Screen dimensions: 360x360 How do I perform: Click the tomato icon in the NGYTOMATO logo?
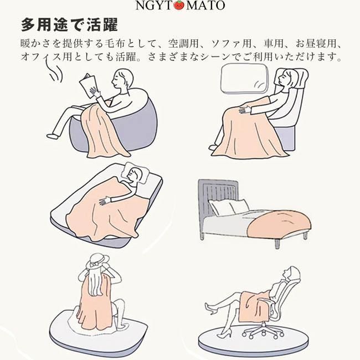click(x=179, y=5)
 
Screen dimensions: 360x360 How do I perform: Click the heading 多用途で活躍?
click(x=69, y=25)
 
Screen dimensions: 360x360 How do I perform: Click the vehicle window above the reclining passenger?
click(x=244, y=79)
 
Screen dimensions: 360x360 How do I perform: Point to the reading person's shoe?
click(x=53, y=136)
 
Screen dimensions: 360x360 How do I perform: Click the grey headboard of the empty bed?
click(x=218, y=198)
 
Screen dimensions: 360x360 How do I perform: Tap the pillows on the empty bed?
click(x=229, y=207)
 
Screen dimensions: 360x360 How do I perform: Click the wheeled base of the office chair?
click(x=263, y=330)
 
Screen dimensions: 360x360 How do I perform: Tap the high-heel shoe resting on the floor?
click(x=223, y=333)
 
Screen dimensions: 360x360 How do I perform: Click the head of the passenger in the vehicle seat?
click(x=286, y=78)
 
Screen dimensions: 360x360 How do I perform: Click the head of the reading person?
click(x=123, y=79)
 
